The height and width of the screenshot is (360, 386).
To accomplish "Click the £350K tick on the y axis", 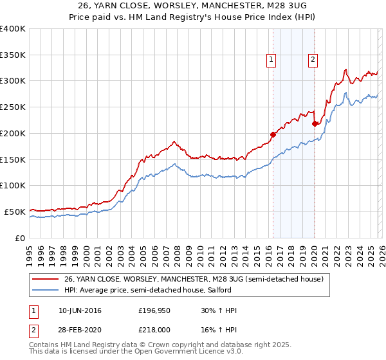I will [13, 55].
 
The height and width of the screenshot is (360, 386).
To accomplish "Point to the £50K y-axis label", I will [15, 212].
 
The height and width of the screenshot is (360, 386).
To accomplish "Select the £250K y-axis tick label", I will [13, 107].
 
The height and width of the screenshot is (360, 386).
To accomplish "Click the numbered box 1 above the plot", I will [271, 60].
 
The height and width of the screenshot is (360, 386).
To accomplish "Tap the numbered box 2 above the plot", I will [313, 60].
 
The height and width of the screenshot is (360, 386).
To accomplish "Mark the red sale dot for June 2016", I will [273, 134].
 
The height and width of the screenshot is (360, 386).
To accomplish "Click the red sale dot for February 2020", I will [315, 123].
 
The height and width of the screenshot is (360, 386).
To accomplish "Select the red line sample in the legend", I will [46, 280].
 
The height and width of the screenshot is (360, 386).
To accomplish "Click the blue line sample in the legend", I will [46, 291].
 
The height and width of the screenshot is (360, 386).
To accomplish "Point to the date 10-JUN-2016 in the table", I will [80, 310].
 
